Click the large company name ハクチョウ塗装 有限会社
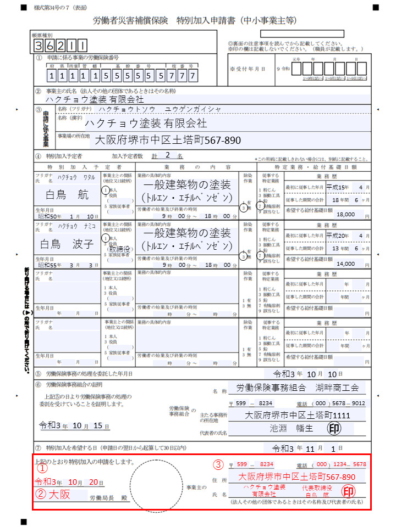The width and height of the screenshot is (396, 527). pos(145,123)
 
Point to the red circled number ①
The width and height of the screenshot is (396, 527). pos(42,468)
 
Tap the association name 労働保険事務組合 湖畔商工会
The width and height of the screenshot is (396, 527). pos(297,388)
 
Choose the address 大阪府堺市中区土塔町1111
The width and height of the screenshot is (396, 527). pos(297,415)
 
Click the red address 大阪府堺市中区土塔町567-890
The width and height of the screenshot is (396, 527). pos(296,476)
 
